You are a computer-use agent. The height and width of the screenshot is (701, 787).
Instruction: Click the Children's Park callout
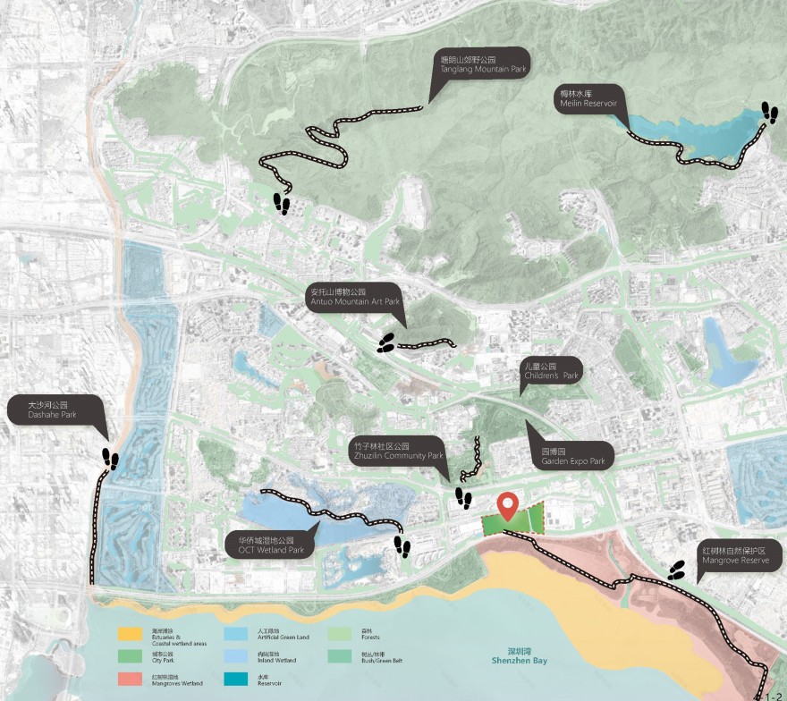tap(550, 372)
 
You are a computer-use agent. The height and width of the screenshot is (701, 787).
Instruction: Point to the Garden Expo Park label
tap(572, 458)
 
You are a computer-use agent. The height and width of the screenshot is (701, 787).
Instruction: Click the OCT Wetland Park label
tap(271, 545)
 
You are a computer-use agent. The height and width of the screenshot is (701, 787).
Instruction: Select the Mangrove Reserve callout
tap(741, 553)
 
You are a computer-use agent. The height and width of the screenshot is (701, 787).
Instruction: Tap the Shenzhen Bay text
tap(518, 658)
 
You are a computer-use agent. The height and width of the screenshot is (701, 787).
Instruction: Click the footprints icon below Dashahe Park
tap(110, 459)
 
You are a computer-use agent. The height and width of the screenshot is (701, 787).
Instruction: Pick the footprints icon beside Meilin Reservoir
tap(769, 112)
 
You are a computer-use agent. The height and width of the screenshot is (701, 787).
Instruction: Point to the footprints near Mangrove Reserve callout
tap(677, 570)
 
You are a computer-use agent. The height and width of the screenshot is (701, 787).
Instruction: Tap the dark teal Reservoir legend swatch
tap(235, 680)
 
